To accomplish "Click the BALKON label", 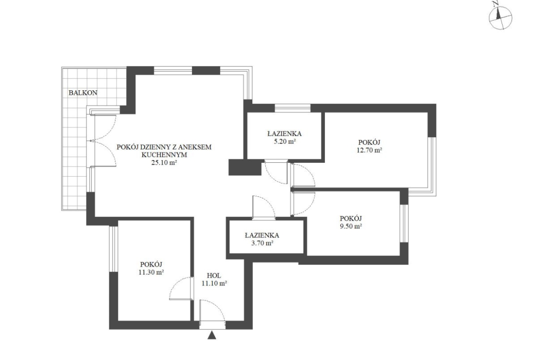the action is tap(83, 93).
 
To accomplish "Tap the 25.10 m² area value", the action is tap(164, 163).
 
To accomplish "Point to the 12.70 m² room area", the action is tap(369, 150).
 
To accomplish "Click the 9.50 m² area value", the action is tap(351, 226).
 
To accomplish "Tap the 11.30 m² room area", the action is tap(151, 272).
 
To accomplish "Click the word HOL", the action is tap(214, 276).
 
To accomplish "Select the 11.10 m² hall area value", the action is tap(214, 283).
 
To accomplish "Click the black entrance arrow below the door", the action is tap(213, 335).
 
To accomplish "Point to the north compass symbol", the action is tap(500, 17).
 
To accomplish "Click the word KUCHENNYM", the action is tap(164, 155).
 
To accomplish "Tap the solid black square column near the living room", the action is tap(245, 168).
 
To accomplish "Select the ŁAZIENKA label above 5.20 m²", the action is tap(285, 133).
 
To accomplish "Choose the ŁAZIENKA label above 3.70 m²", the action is tap(262, 235).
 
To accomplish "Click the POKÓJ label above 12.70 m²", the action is tap(369, 142).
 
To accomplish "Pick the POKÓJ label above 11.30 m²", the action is tap(151, 264).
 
